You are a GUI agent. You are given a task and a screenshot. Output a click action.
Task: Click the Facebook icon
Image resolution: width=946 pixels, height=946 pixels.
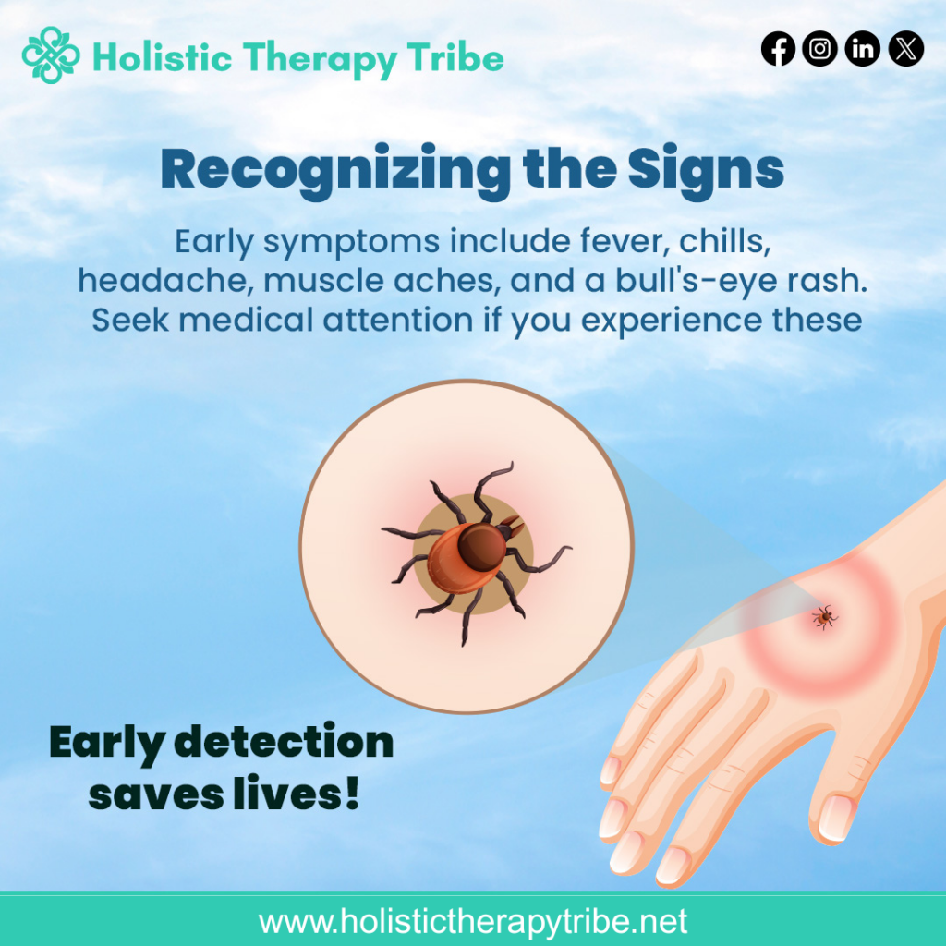point(778,48)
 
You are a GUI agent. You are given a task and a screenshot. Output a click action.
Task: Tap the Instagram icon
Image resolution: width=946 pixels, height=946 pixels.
point(819,48)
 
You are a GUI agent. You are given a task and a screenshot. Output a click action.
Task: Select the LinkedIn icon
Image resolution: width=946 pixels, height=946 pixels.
point(862,48)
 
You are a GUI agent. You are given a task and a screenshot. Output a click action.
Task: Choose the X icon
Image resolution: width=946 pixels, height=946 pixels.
point(905,48)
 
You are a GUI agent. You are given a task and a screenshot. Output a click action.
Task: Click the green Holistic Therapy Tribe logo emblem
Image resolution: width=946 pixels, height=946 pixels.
point(51,55)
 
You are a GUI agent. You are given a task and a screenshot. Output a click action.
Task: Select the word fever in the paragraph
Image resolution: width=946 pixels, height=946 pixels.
point(625,241)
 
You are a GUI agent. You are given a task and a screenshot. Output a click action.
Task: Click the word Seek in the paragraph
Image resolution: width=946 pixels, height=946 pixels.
point(130,320)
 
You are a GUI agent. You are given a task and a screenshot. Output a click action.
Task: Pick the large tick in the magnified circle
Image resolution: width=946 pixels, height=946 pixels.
point(477,552)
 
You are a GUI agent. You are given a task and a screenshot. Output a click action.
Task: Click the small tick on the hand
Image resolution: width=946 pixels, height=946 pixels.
point(824,617)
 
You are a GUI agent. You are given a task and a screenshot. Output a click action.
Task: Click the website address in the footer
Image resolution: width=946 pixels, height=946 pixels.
point(473,921)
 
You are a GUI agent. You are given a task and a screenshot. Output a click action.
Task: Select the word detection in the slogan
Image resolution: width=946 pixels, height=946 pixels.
point(284,742)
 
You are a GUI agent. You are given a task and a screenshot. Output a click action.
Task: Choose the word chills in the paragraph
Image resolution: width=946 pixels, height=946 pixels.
point(724,241)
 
